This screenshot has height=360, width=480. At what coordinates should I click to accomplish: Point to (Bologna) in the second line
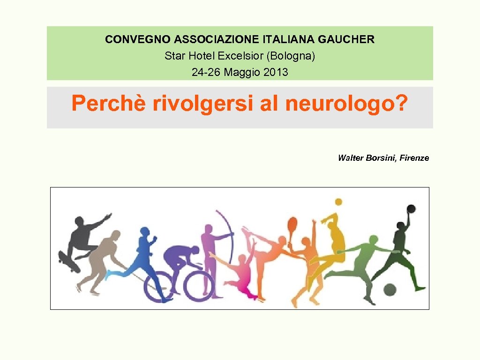[291, 56]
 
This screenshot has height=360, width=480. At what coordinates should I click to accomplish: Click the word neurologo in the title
[339, 103]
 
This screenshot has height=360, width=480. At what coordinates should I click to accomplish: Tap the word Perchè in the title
[108, 103]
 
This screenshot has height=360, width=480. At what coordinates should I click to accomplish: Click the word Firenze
[414, 158]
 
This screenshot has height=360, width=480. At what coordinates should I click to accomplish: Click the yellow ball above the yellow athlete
[338, 202]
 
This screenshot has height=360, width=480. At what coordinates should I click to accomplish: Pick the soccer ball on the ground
[390, 290]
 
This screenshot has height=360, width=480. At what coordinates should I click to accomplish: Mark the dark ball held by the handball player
[411, 209]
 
